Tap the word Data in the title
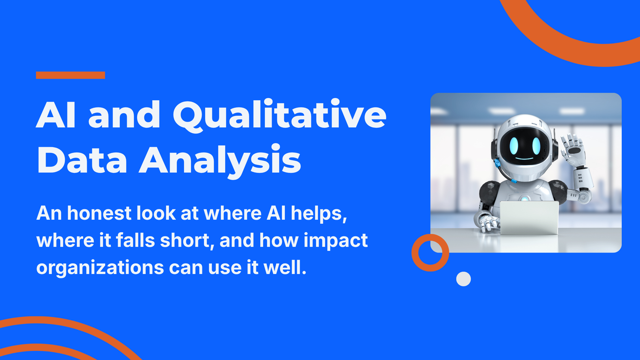[x=82, y=160]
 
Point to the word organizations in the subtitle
[x=100, y=268]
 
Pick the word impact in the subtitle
[x=335, y=241]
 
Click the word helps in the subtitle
[x=319, y=213]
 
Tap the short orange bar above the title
[x=71, y=75]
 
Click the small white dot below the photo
[x=463, y=279]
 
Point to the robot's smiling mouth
[x=524, y=158]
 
